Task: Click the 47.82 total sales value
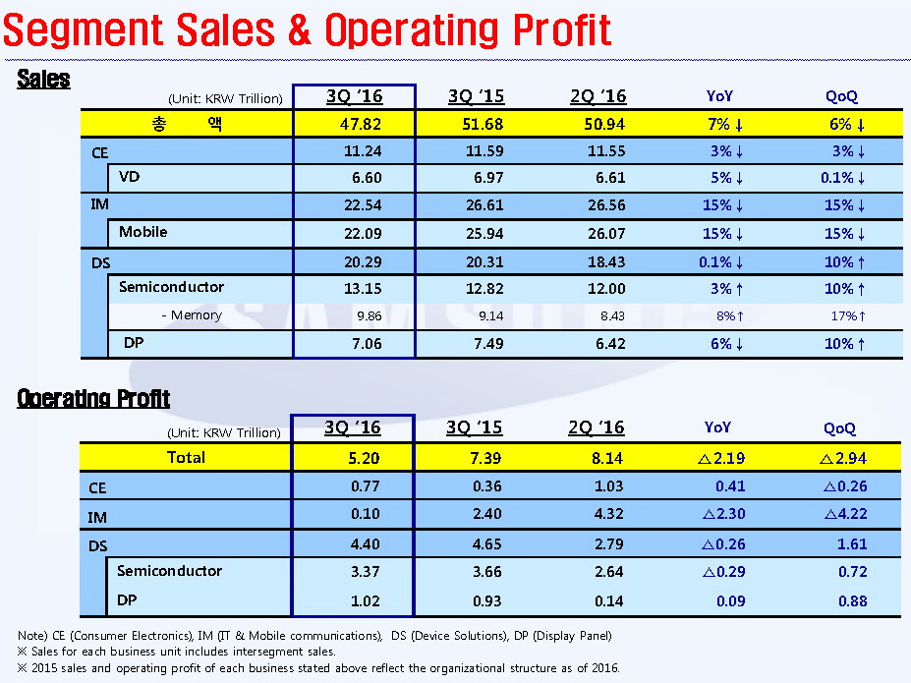pos(354,124)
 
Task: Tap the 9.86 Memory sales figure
pos(354,315)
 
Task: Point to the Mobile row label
pos(142,232)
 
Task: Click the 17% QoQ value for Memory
pos(846,315)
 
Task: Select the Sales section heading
pos(43,80)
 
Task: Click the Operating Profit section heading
pos(93,398)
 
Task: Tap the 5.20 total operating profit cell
pos(351,458)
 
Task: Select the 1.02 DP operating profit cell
pos(351,601)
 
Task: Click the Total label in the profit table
pos(186,457)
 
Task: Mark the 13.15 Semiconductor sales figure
pos(354,288)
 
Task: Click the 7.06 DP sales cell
pos(354,344)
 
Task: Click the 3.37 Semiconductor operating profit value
pos(351,572)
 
